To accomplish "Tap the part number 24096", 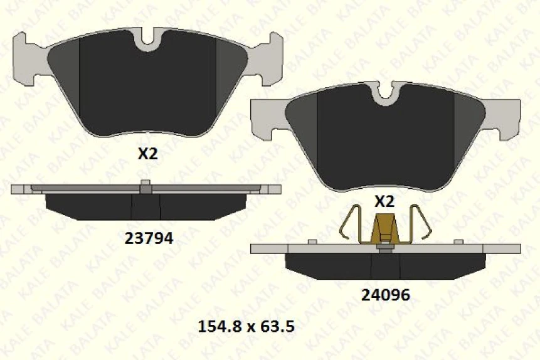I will coord(385,295).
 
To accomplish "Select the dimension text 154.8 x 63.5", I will coord(246,327).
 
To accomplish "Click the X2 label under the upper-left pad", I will coord(148,154).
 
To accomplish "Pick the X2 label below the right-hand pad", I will coord(384,201).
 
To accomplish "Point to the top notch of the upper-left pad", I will coord(149,40).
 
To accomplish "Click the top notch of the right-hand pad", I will coord(385,92).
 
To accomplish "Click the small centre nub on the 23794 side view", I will coord(146,184).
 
